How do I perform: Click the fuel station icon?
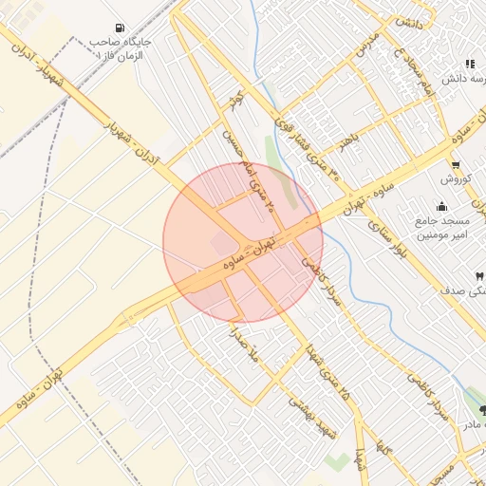coord(118,28)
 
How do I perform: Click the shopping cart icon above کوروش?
coord(456,163)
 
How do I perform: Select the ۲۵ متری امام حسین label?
coord(249,171)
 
